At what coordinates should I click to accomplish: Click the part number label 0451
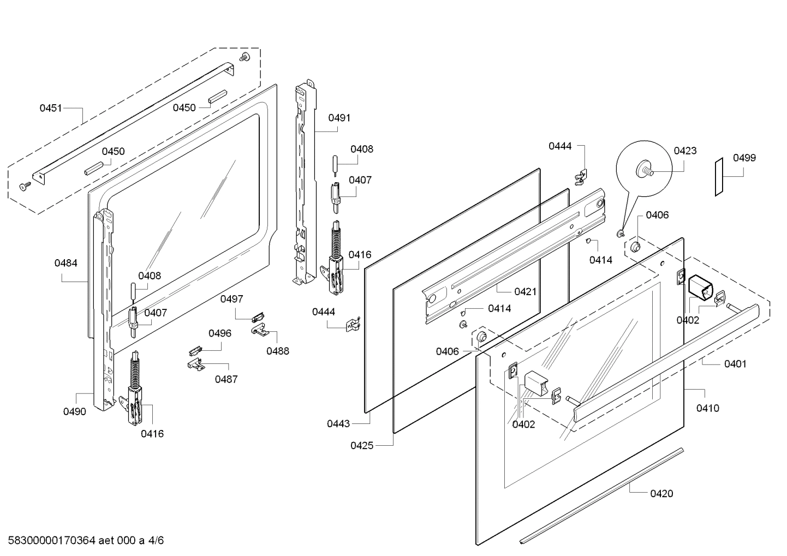[x=51, y=108]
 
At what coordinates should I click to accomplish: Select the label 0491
[x=339, y=117]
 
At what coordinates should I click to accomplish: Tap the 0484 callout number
[x=65, y=263]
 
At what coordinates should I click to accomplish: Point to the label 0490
[x=75, y=411]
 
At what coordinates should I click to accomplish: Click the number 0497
[x=232, y=299]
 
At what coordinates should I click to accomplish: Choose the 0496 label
[x=219, y=333]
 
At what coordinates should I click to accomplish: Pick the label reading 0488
[x=278, y=351]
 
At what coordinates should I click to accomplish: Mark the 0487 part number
[x=226, y=379]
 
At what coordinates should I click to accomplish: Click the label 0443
[x=339, y=423]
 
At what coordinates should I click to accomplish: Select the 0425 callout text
[x=362, y=445]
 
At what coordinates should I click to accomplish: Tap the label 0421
[x=525, y=291]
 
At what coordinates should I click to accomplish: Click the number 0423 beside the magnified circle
[x=685, y=151]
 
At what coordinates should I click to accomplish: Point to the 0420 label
[x=661, y=493]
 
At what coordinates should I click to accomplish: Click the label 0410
[x=707, y=408]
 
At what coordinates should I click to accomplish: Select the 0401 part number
[x=735, y=364]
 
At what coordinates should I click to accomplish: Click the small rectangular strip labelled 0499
[x=720, y=176]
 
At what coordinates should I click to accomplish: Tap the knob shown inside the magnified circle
[x=645, y=170]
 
